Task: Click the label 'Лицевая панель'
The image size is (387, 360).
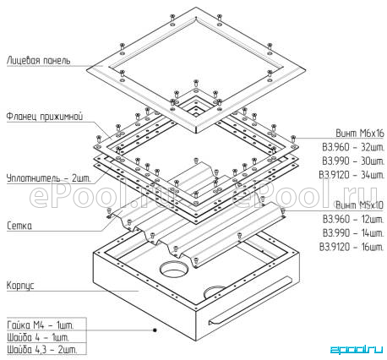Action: (38, 60)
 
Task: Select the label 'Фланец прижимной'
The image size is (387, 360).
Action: (45, 117)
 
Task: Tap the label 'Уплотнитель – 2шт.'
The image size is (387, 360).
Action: (48, 178)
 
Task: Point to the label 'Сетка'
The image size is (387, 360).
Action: (19, 226)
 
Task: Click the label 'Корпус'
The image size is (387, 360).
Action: (20, 285)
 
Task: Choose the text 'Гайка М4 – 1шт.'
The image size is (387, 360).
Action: (41, 325)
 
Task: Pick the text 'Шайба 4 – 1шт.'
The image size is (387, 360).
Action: (38, 337)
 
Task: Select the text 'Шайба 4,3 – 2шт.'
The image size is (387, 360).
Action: (41, 350)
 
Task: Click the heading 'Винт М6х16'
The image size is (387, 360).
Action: (360, 133)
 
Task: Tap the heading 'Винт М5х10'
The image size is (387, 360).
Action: (360, 205)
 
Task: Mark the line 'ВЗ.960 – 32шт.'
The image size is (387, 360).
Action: (353, 147)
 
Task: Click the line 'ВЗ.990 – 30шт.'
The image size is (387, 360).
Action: (353, 161)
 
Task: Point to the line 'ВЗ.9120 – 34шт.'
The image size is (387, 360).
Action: (352, 175)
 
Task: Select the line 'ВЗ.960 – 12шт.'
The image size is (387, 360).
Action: (353, 219)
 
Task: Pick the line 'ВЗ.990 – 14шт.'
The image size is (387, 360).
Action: (353, 233)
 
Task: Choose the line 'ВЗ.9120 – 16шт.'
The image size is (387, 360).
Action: (352, 247)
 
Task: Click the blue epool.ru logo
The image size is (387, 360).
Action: (357, 349)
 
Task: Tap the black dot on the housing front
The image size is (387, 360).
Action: (155, 330)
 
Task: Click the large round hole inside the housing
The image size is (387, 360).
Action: (173, 269)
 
